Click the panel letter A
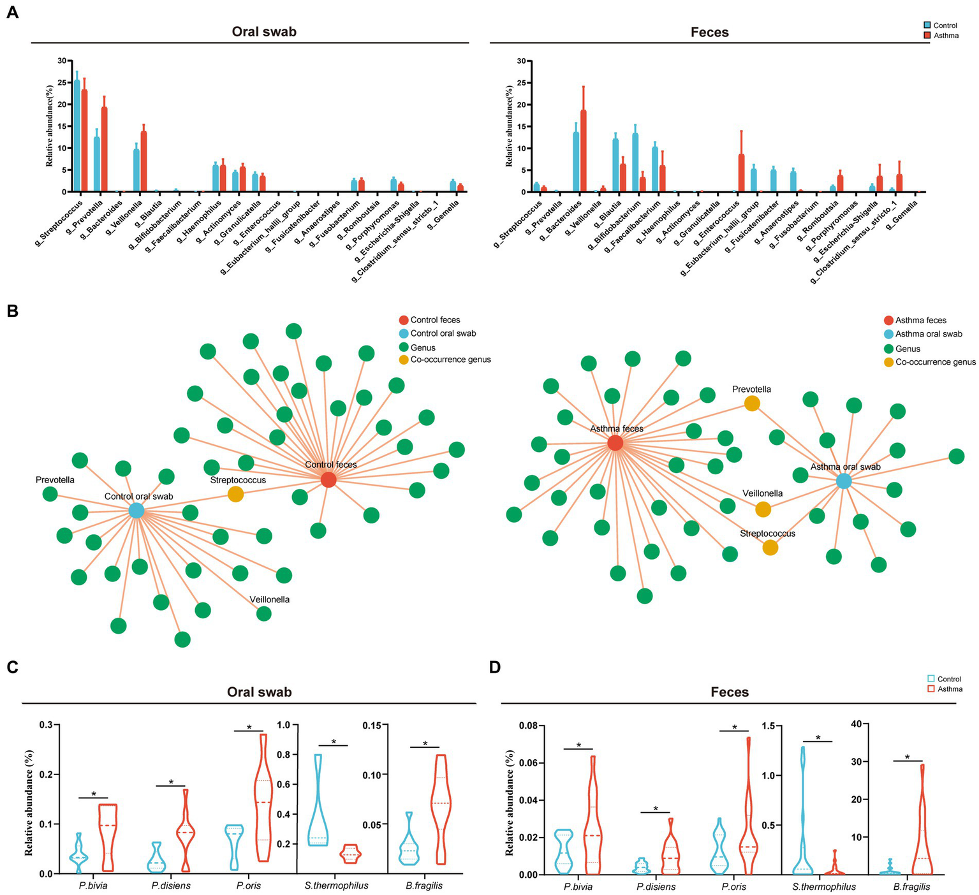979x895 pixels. click(12, 12)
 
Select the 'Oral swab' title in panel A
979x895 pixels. click(264, 32)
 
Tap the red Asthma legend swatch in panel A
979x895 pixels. click(927, 36)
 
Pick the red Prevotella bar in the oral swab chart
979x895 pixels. click(104, 149)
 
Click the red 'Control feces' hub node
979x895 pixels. click(328, 479)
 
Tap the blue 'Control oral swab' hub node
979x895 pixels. click(136, 511)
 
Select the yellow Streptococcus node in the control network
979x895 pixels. click(235, 494)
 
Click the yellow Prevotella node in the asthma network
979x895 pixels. click(752, 403)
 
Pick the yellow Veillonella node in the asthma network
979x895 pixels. click(763, 509)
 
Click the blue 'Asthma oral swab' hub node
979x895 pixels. click(844, 481)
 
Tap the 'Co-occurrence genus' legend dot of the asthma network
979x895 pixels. click(888, 362)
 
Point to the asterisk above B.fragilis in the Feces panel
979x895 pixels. click(907, 757)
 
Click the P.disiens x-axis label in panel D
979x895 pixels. click(656, 886)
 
